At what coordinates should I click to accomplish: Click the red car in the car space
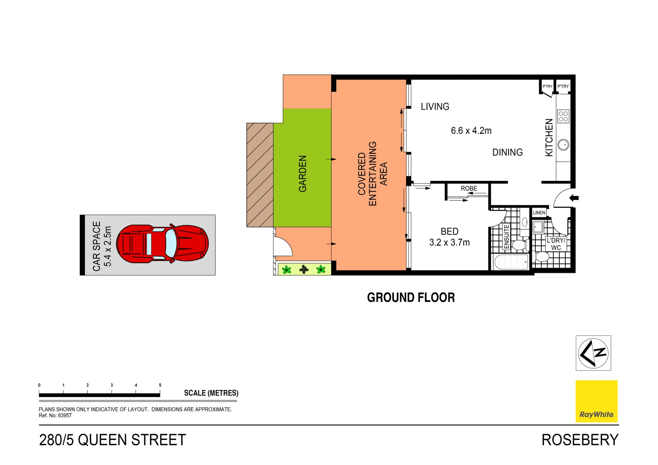coord(162,244)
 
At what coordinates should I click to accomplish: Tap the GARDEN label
coord(302,173)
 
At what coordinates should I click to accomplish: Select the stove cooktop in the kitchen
coord(563,116)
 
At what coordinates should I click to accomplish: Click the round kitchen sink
coord(563,145)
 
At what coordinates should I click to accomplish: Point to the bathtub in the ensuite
coord(511,262)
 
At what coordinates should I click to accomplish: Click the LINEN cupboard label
coord(539,213)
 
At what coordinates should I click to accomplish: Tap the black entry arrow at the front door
coord(574,198)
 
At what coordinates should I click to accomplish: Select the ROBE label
coord(469,188)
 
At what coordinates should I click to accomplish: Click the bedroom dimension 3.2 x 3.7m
coord(449,242)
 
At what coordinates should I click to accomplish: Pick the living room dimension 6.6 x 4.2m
coord(471,131)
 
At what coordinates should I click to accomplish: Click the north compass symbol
coord(593,353)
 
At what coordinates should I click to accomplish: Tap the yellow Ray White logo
coord(596,401)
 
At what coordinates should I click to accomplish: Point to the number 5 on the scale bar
coord(160,385)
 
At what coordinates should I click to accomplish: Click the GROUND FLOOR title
coord(411,297)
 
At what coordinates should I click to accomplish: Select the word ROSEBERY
coord(580,440)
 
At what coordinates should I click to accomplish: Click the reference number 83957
coord(65,415)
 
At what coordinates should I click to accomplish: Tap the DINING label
coord(507,152)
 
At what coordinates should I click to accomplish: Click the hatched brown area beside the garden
coord(260,175)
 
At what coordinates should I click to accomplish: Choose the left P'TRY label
coord(547,86)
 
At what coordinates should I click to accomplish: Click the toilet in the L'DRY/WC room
coord(542,256)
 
